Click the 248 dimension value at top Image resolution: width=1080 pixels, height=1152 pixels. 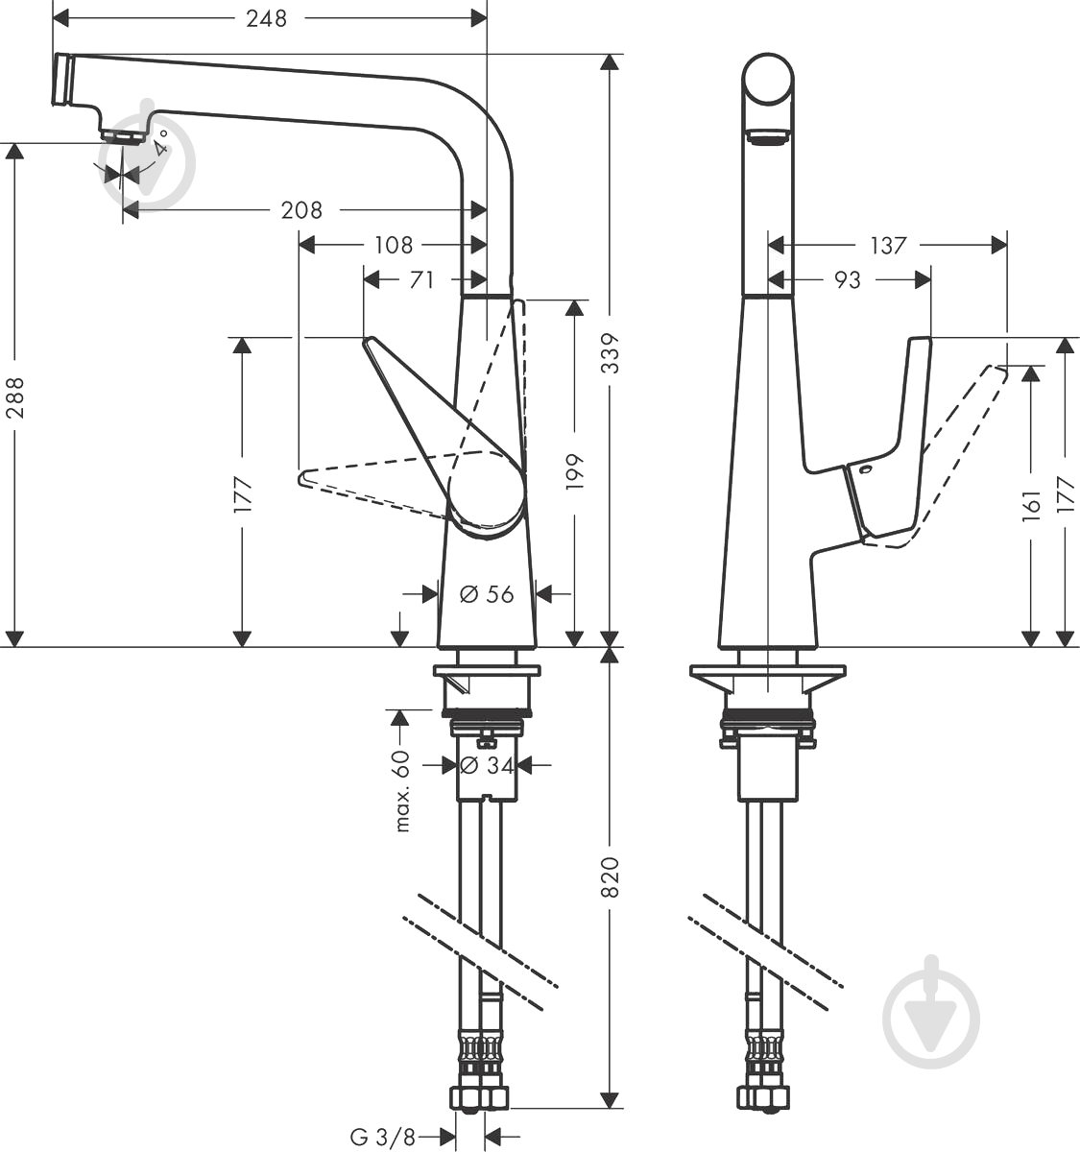266,18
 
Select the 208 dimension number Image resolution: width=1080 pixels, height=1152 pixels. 301,209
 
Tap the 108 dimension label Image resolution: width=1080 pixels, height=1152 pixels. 393,245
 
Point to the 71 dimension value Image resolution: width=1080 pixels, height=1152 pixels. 421,279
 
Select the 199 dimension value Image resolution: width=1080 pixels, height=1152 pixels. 575,471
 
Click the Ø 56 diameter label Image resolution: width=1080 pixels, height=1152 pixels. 487,594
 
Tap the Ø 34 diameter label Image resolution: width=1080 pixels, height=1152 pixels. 487,765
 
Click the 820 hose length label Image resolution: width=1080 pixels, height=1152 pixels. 611,876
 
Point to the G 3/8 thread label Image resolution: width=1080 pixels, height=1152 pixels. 382,1138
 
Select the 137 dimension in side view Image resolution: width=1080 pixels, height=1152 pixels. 888,245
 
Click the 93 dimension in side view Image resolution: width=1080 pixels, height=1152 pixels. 847,279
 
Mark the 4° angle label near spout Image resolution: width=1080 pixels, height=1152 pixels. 159,143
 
